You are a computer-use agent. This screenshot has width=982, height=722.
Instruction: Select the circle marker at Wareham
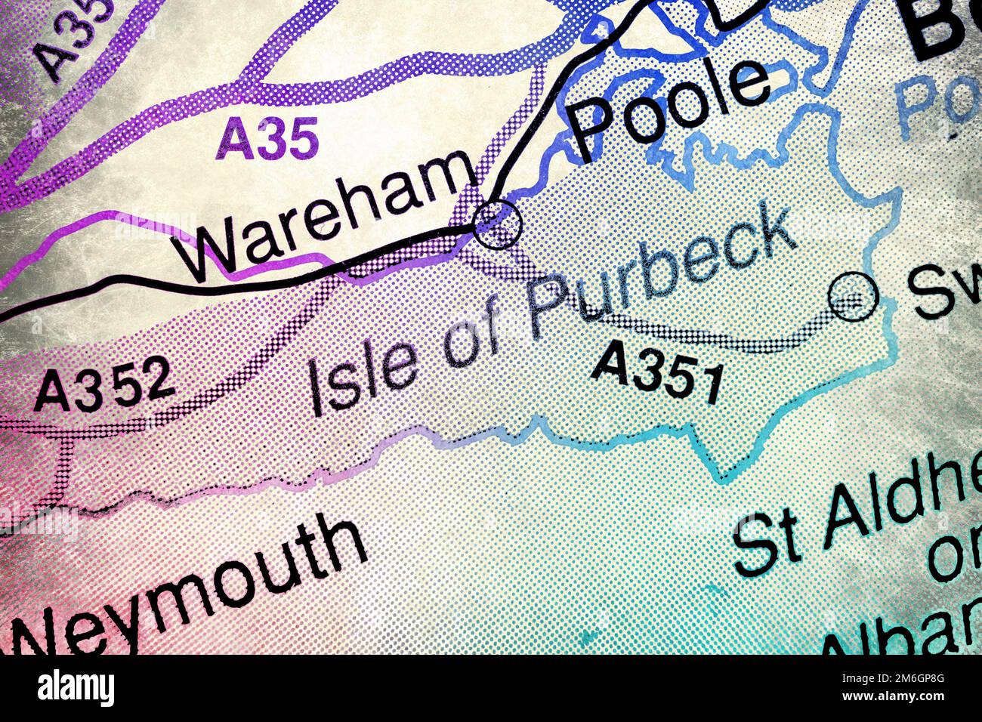pos(496,224)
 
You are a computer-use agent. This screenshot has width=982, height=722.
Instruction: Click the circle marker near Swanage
pos(853,296)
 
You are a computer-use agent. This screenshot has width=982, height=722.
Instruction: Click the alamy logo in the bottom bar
pos(76,689)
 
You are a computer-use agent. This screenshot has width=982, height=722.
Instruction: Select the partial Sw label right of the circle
pos(944,291)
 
